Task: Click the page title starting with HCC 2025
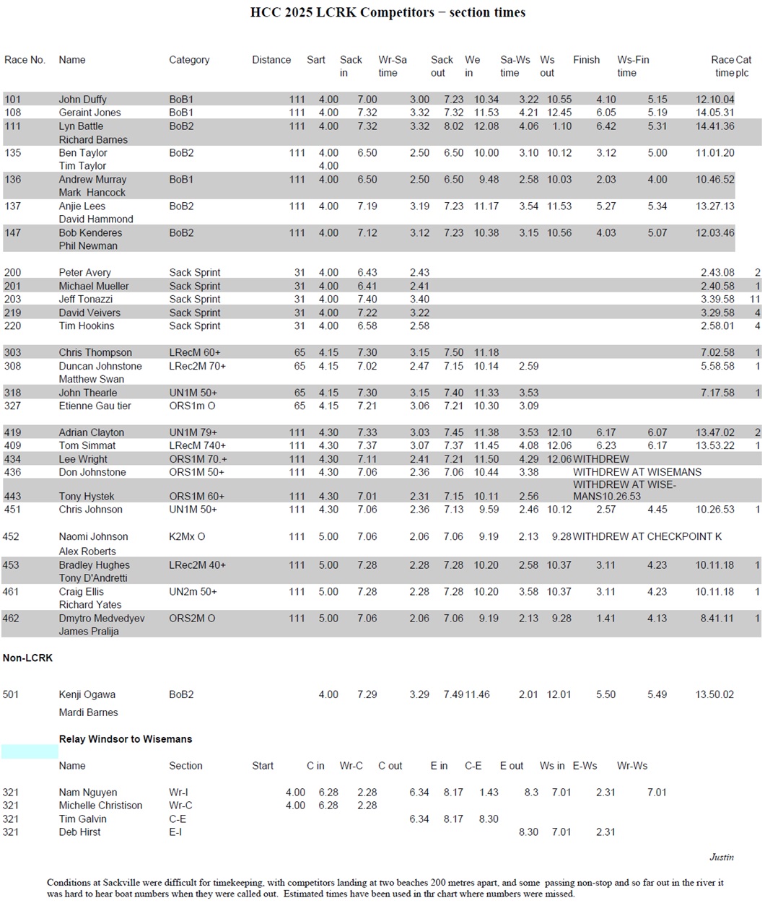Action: [x=388, y=12]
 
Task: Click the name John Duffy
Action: [x=82, y=100]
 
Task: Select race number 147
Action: [x=12, y=233]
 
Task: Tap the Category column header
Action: [x=189, y=60]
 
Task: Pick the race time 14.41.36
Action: [x=714, y=126]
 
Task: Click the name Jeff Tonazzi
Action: [x=86, y=300]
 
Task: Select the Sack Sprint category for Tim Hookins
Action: [x=194, y=326]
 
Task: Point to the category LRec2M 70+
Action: [x=197, y=367]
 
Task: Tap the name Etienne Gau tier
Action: [x=95, y=406]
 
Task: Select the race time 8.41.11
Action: [x=717, y=619]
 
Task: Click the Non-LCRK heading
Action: [x=27, y=658]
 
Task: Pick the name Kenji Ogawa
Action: [x=87, y=695]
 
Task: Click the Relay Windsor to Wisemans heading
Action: [x=126, y=739]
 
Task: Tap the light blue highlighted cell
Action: [x=30, y=752]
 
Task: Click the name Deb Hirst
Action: [x=79, y=832]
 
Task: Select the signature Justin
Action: [x=721, y=858]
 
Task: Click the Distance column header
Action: [x=271, y=60]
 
